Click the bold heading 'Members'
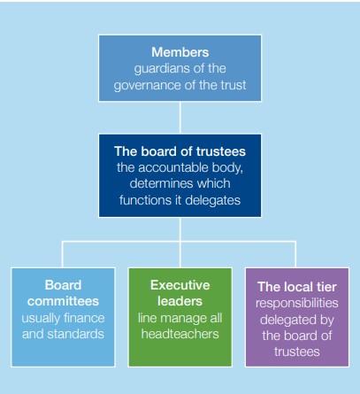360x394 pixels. click(180, 52)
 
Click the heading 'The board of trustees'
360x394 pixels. click(180, 151)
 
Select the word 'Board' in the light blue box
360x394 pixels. click(63, 285)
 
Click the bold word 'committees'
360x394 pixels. click(63, 301)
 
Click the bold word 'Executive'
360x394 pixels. click(180, 285)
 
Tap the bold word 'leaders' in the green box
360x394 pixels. click(180, 301)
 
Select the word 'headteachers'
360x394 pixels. click(180, 334)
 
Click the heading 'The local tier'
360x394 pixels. click(297, 287)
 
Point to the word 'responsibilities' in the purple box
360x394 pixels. click(297, 304)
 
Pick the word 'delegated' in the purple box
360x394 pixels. click(285, 320)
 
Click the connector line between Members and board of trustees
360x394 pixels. click(180, 118)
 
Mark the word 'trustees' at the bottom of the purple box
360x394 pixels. click(297, 352)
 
